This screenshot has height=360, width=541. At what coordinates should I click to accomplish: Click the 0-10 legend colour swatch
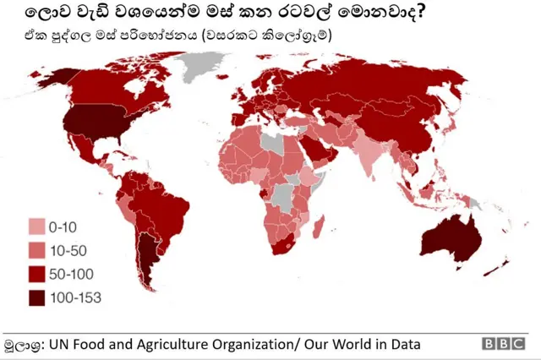[37, 227]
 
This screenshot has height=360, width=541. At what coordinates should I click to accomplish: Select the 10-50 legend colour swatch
[37, 250]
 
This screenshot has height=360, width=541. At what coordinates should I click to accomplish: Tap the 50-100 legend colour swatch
[37, 274]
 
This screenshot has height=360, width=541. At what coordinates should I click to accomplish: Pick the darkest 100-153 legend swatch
[37, 297]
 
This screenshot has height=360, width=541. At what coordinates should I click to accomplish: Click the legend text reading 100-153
[75, 297]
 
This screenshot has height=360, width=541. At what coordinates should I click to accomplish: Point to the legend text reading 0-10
[63, 227]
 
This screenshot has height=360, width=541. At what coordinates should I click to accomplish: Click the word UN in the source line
[57, 345]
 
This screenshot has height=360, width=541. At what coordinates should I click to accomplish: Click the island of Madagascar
[319, 226]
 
